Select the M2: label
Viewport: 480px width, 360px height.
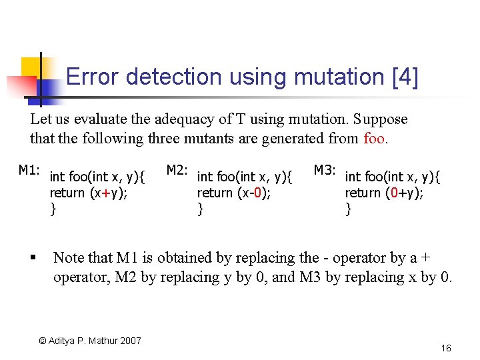tap(177, 171)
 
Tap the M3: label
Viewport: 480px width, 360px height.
tap(325, 171)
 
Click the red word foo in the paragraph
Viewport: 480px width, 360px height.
tap(375, 139)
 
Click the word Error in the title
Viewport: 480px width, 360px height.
tap(93, 77)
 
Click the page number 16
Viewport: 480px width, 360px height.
tap(446, 348)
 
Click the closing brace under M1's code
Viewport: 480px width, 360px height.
tap(53, 210)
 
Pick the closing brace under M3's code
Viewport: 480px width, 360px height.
tap(348, 210)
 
